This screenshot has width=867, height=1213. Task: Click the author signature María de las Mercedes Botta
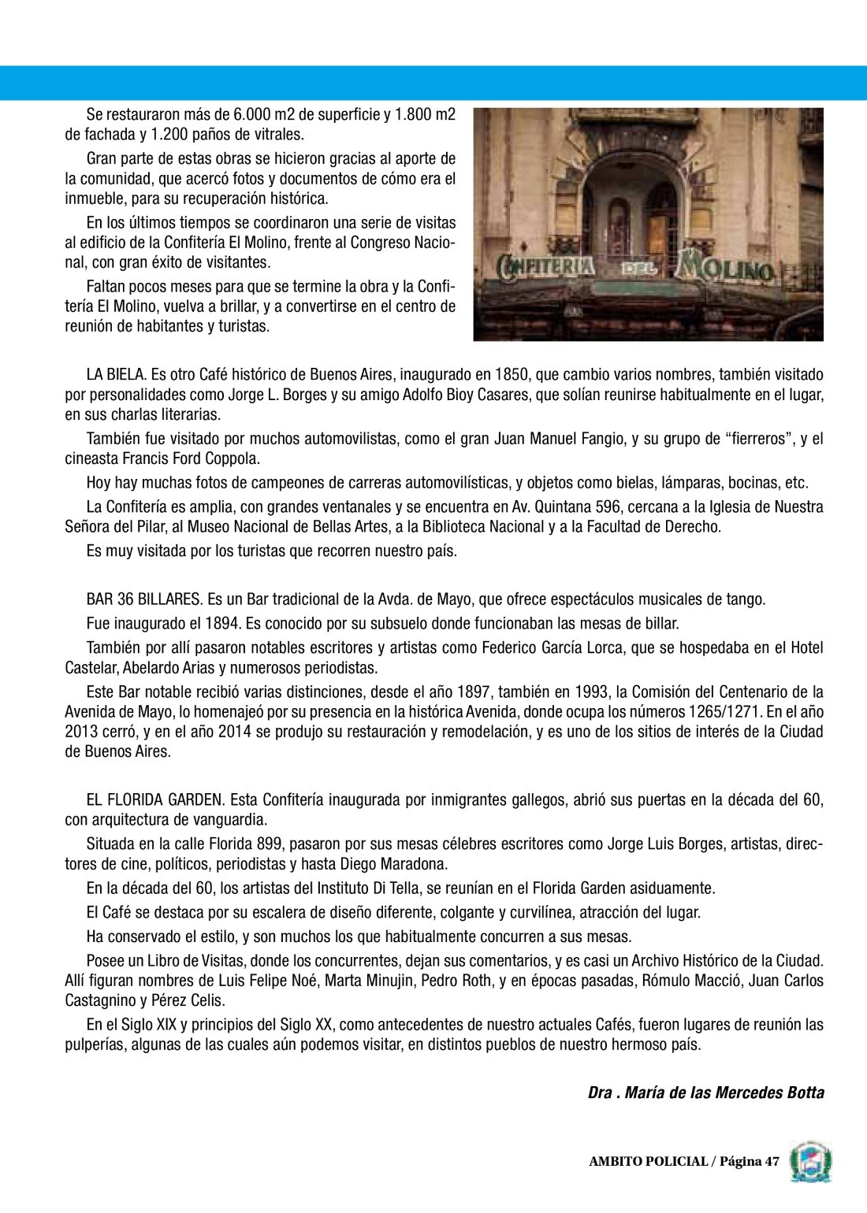[706, 1092]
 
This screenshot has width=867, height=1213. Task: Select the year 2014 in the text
[235, 732]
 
